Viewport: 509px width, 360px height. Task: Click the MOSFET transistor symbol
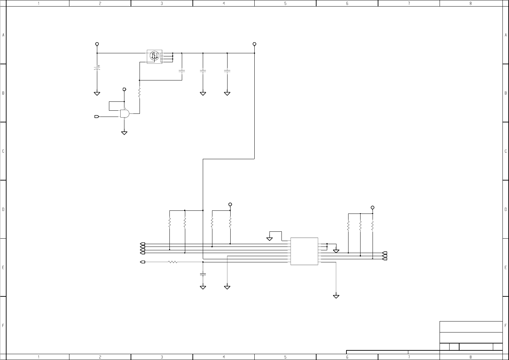tap(155, 56)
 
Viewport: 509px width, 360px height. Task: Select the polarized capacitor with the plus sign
tap(97, 68)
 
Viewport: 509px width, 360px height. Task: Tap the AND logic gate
tap(125, 113)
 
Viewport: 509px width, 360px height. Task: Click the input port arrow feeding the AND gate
tap(97, 117)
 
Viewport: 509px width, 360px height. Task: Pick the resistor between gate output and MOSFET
tap(140, 92)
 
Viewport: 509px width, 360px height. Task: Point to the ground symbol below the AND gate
tap(124, 133)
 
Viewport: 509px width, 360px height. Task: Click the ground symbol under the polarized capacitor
tap(97, 94)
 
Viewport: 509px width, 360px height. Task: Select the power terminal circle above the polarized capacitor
tap(97, 44)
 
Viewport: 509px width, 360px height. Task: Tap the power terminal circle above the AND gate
tap(124, 89)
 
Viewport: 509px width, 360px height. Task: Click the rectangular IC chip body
tap(304, 251)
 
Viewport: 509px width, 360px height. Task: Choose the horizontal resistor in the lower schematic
tap(173, 262)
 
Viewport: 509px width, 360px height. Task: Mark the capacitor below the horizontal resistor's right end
tap(203, 274)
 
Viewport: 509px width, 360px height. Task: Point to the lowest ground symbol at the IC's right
tap(336, 296)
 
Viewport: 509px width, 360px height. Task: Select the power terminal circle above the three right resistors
tap(372, 208)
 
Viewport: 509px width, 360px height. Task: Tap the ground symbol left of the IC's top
tap(270, 239)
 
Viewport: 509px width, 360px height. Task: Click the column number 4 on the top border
tap(224, 3)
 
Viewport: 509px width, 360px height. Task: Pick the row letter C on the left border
tap(3, 151)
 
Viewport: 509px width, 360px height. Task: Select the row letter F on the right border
tap(506, 325)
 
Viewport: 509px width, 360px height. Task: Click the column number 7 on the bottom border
tap(409, 357)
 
